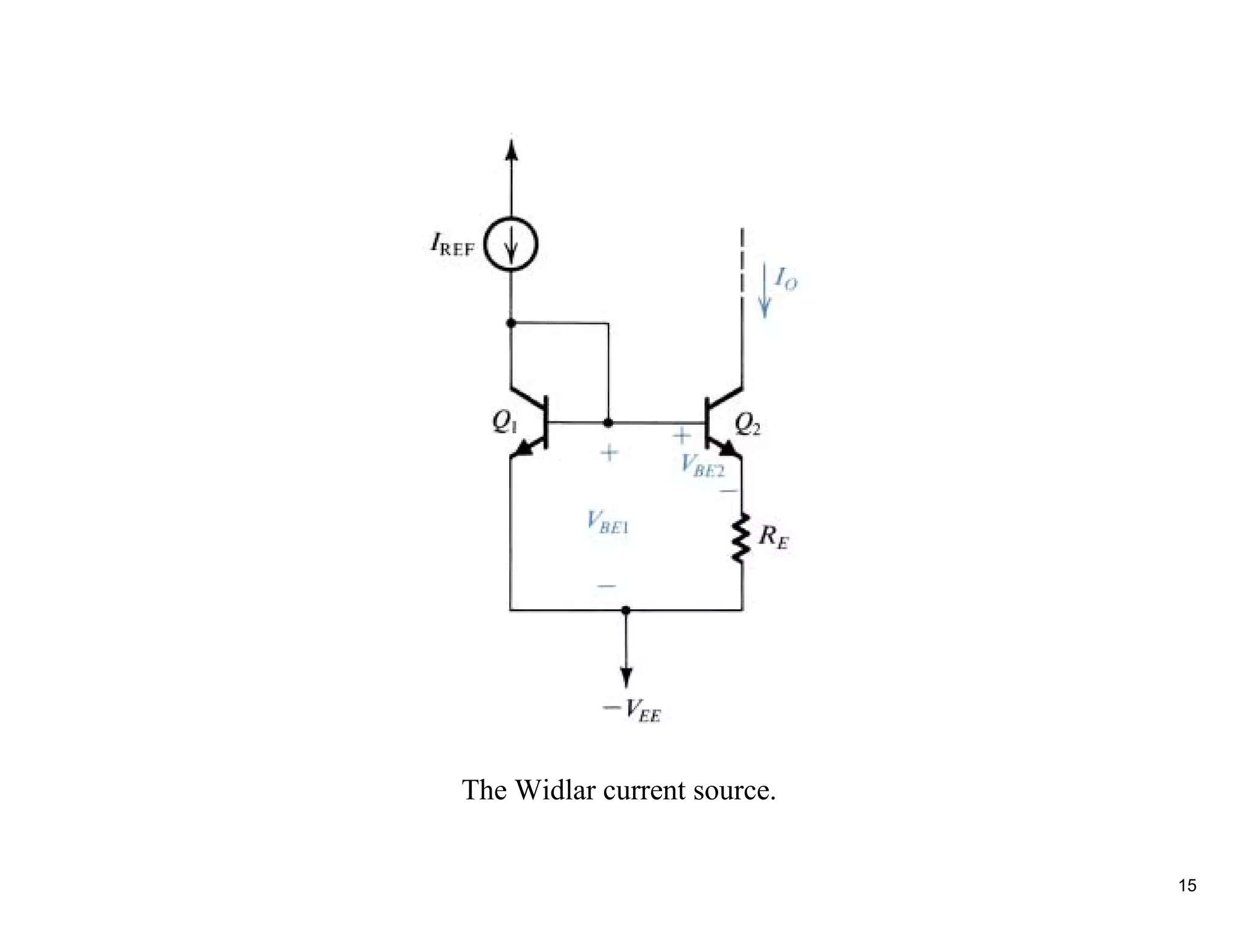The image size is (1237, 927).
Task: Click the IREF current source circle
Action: coord(511,244)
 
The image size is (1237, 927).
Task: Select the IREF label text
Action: coord(452,245)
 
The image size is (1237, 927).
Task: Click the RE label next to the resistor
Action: coord(773,537)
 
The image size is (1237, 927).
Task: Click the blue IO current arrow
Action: coord(765,289)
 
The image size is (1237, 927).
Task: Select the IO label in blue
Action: coord(786,279)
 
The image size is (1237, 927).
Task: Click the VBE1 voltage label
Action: coord(608,522)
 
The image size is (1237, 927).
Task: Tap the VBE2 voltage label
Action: coord(702,465)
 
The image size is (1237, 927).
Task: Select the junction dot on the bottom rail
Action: coord(626,610)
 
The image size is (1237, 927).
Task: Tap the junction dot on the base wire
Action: coord(608,422)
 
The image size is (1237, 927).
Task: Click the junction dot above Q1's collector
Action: coord(511,323)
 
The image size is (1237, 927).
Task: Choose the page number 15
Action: coord(1187,886)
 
